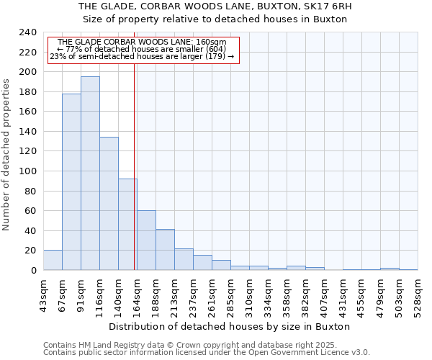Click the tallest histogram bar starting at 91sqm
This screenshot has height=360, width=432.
click(x=90, y=173)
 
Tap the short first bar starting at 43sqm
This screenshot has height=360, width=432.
click(x=53, y=261)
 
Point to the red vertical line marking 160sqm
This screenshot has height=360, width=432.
click(x=135, y=166)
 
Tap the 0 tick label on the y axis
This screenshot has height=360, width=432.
click(x=33, y=270)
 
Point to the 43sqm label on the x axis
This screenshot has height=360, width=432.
click(x=44, y=294)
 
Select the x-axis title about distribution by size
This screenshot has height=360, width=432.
click(x=230, y=326)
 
